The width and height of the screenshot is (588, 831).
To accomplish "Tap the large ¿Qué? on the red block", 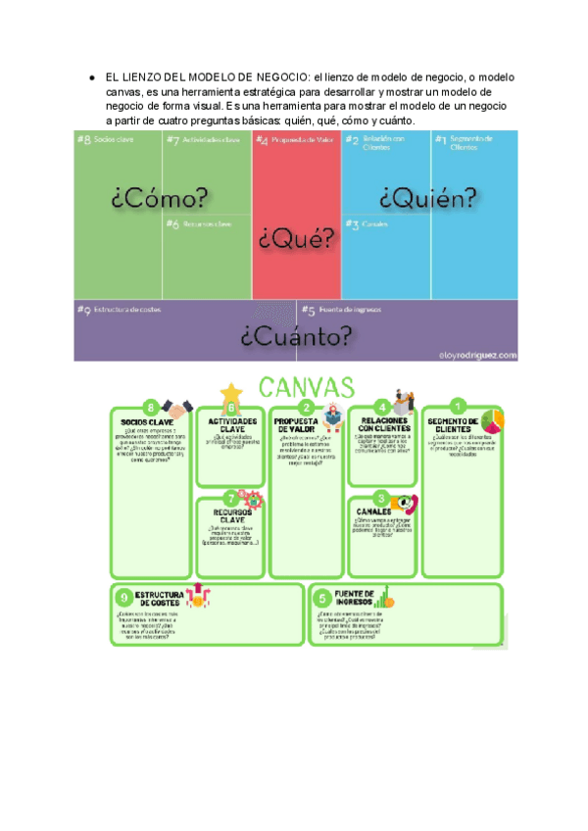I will [295, 238].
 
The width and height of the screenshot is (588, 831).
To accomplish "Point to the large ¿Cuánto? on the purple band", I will [297, 336].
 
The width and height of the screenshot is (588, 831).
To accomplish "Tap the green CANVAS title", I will [307, 385].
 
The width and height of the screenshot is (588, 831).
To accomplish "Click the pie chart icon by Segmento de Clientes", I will [492, 420].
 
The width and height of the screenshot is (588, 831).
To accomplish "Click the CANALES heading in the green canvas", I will [375, 512].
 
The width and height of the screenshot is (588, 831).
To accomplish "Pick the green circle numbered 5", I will [322, 598].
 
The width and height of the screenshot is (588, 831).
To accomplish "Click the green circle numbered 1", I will [456, 406].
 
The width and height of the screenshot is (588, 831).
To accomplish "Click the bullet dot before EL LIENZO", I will [90, 76].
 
